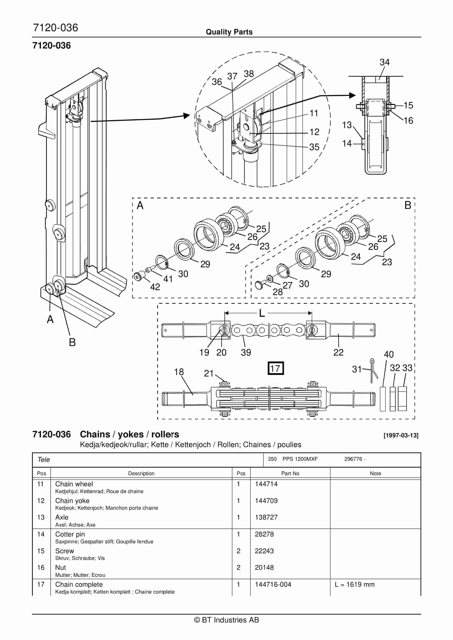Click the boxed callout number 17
click(275, 369)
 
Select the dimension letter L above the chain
click(262, 313)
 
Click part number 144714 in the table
click(266, 484)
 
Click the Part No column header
click(290, 473)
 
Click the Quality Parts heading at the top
click(229, 32)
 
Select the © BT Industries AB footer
click(226, 620)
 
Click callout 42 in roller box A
click(155, 287)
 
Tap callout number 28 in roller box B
click(278, 292)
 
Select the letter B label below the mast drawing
click(72, 342)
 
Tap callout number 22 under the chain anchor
click(338, 352)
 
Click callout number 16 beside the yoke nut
click(408, 120)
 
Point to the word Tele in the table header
click(44, 460)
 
